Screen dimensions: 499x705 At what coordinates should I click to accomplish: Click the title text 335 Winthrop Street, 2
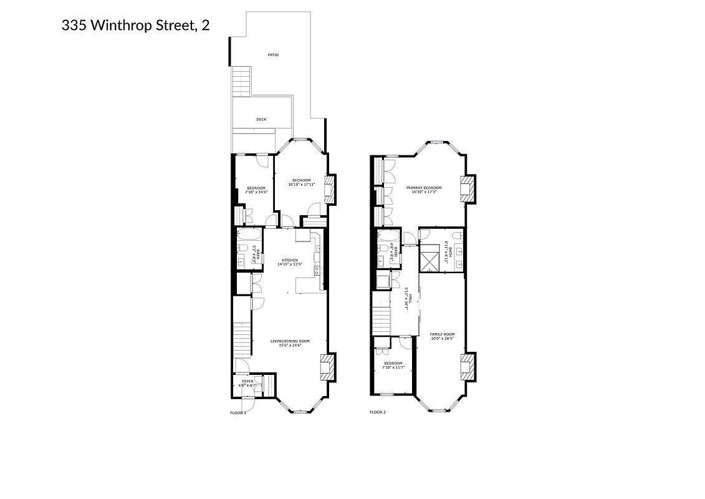[x=135, y=26]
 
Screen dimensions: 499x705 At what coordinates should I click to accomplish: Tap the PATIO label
[x=273, y=55]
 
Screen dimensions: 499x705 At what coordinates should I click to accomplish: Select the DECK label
[x=261, y=119]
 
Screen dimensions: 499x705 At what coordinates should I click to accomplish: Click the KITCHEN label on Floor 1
[x=289, y=260]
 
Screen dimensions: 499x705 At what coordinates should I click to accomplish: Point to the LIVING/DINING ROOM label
[x=290, y=341]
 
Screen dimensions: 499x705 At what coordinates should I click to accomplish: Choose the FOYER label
[x=247, y=381]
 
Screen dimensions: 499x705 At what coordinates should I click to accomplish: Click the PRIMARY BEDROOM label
[x=424, y=188]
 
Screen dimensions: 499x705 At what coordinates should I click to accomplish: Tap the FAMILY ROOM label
[x=442, y=334]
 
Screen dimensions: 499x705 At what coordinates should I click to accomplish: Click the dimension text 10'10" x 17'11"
[x=302, y=185]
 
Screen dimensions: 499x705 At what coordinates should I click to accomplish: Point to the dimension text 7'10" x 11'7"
[x=393, y=367]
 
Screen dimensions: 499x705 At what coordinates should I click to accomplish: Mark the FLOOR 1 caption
[x=238, y=412]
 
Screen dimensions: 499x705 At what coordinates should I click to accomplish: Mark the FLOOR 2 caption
[x=378, y=412]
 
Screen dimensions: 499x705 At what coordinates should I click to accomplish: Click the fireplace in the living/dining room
[x=327, y=367]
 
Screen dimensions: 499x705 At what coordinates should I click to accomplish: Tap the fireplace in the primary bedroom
[x=468, y=188]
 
